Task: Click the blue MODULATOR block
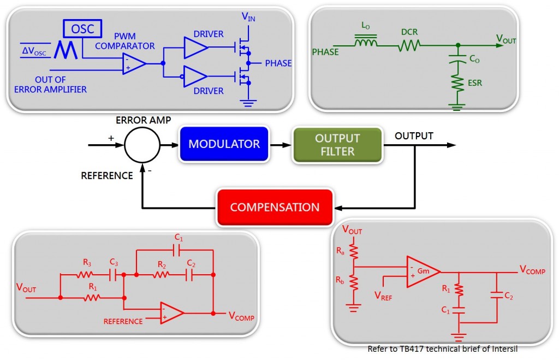(224, 145)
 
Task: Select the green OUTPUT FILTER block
(337, 145)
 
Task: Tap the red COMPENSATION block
(275, 208)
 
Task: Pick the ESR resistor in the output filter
(457, 84)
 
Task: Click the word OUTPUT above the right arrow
(414, 136)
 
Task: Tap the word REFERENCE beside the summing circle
(107, 176)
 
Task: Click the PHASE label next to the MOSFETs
(278, 63)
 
